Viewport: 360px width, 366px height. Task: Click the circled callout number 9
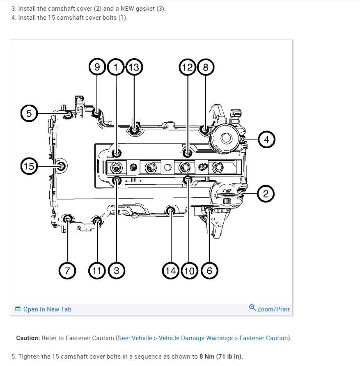pos(97,67)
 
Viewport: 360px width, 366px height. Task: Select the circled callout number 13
pos(134,67)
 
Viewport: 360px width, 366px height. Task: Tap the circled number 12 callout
pos(188,67)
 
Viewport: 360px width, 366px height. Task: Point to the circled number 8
pos(206,67)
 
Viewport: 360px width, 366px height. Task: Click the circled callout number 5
pos(29,113)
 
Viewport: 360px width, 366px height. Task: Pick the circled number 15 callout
pos(29,166)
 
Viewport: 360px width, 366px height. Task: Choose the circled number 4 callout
pos(266,140)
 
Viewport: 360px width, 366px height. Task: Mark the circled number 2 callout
pos(266,194)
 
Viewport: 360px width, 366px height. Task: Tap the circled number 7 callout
pos(67,270)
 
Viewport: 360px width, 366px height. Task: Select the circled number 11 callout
pos(97,270)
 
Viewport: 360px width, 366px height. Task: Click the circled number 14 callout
pos(170,270)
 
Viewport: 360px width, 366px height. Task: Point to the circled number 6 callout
pos(209,270)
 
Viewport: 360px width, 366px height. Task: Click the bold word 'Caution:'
pos(28,338)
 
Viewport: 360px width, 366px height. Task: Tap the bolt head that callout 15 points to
pos(61,166)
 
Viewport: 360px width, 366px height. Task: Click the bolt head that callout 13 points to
pos(134,130)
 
